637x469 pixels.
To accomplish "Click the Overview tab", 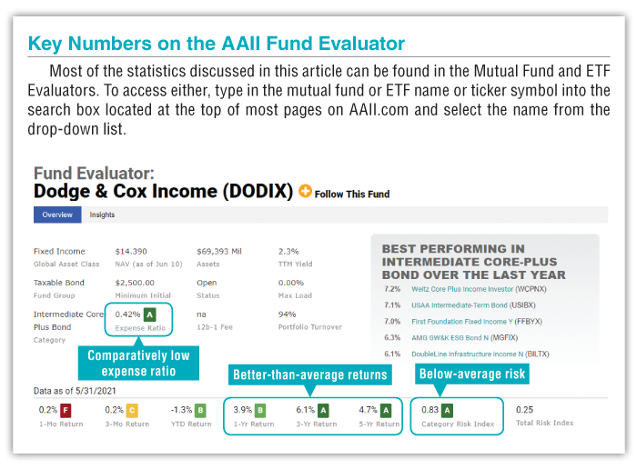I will pyautogui.click(x=57, y=215).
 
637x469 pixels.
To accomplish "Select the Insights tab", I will pyautogui.click(x=102, y=215).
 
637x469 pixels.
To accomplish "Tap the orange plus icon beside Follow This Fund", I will pyautogui.click(x=305, y=192).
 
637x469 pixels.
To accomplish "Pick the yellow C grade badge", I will pyautogui.click(x=132, y=410).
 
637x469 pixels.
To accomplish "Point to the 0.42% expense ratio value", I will pyautogui.click(x=126, y=314).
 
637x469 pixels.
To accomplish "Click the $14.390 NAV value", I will pyautogui.click(x=130, y=251).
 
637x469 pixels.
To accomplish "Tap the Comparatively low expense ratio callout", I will pyautogui.click(x=138, y=363).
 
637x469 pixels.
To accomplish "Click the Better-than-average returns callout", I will pyautogui.click(x=310, y=374).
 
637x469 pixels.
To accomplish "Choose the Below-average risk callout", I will pyautogui.click(x=471, y=374).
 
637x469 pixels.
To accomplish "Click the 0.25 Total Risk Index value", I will pyautogui.click(x=525, y=410).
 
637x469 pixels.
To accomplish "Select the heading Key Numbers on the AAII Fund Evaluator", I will pyautogui.click(x=217, y=43).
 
